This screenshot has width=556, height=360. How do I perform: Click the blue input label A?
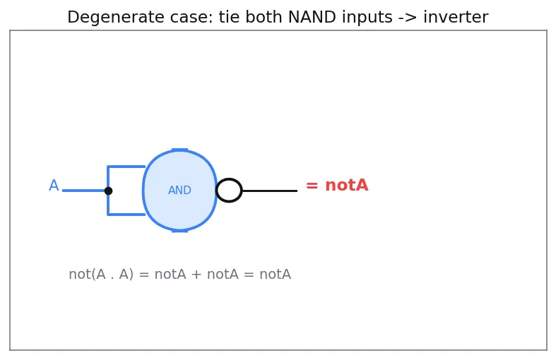tap(54, 186)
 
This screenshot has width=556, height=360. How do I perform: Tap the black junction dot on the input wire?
tap(109, 191)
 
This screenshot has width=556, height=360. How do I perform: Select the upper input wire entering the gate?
tap(126, 167)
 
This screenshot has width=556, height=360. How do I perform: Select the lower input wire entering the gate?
tap(126, 215)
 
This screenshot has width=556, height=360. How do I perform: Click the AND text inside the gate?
tap(179, 191)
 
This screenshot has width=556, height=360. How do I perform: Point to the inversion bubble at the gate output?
tap(229, 179)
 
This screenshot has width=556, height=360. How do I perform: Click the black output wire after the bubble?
tap(270, 191)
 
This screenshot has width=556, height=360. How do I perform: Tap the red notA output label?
tap(346, 186)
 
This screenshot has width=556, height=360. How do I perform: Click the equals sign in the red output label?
tap(312, 186)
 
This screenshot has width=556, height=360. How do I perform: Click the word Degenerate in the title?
tap(115, 18)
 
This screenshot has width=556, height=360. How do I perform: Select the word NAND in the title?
tap(312, 17)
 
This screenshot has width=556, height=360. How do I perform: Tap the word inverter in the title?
tap(456, 17)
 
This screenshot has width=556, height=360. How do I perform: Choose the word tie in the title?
tap(229, 17)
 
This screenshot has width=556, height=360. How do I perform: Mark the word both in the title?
tap(264, 17)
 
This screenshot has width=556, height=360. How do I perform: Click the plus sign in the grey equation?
tap(196, 275)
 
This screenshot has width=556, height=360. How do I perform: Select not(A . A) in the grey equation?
tap(101, 275)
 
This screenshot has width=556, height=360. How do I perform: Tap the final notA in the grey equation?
tap(275, 275)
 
